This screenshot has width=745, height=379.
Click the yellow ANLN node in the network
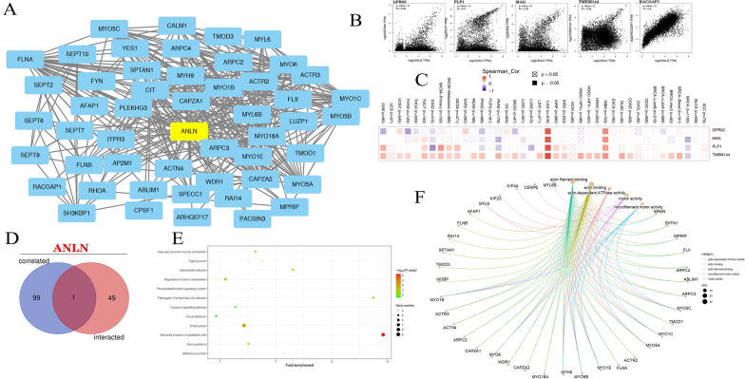(x=187, y=135)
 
